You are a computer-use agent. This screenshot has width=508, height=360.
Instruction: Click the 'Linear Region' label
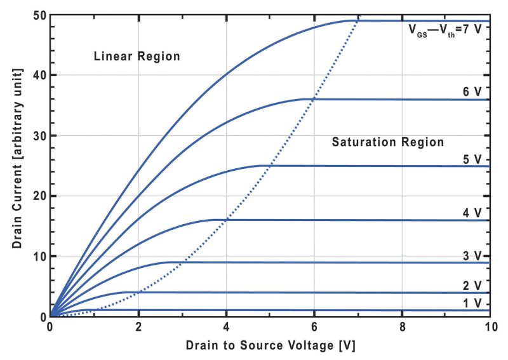137,57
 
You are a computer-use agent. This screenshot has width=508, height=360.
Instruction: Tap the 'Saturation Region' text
387,142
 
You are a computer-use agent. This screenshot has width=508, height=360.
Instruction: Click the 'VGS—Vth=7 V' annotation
448,29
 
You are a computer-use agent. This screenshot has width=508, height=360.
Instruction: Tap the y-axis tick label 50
37,15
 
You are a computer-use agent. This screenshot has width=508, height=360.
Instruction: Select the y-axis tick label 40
37,75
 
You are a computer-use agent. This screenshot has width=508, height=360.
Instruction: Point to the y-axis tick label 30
37,135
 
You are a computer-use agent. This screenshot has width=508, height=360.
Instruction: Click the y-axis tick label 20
37,196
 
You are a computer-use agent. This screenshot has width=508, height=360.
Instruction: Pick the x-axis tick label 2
138,328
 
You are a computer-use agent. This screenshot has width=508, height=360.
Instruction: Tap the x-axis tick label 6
314,328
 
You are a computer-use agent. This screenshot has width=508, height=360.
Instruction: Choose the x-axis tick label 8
401,328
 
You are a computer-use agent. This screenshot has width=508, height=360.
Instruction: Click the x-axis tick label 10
488,328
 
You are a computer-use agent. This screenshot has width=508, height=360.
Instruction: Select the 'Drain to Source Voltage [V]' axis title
269,347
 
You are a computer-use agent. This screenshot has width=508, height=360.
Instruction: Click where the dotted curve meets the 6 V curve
314,99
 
